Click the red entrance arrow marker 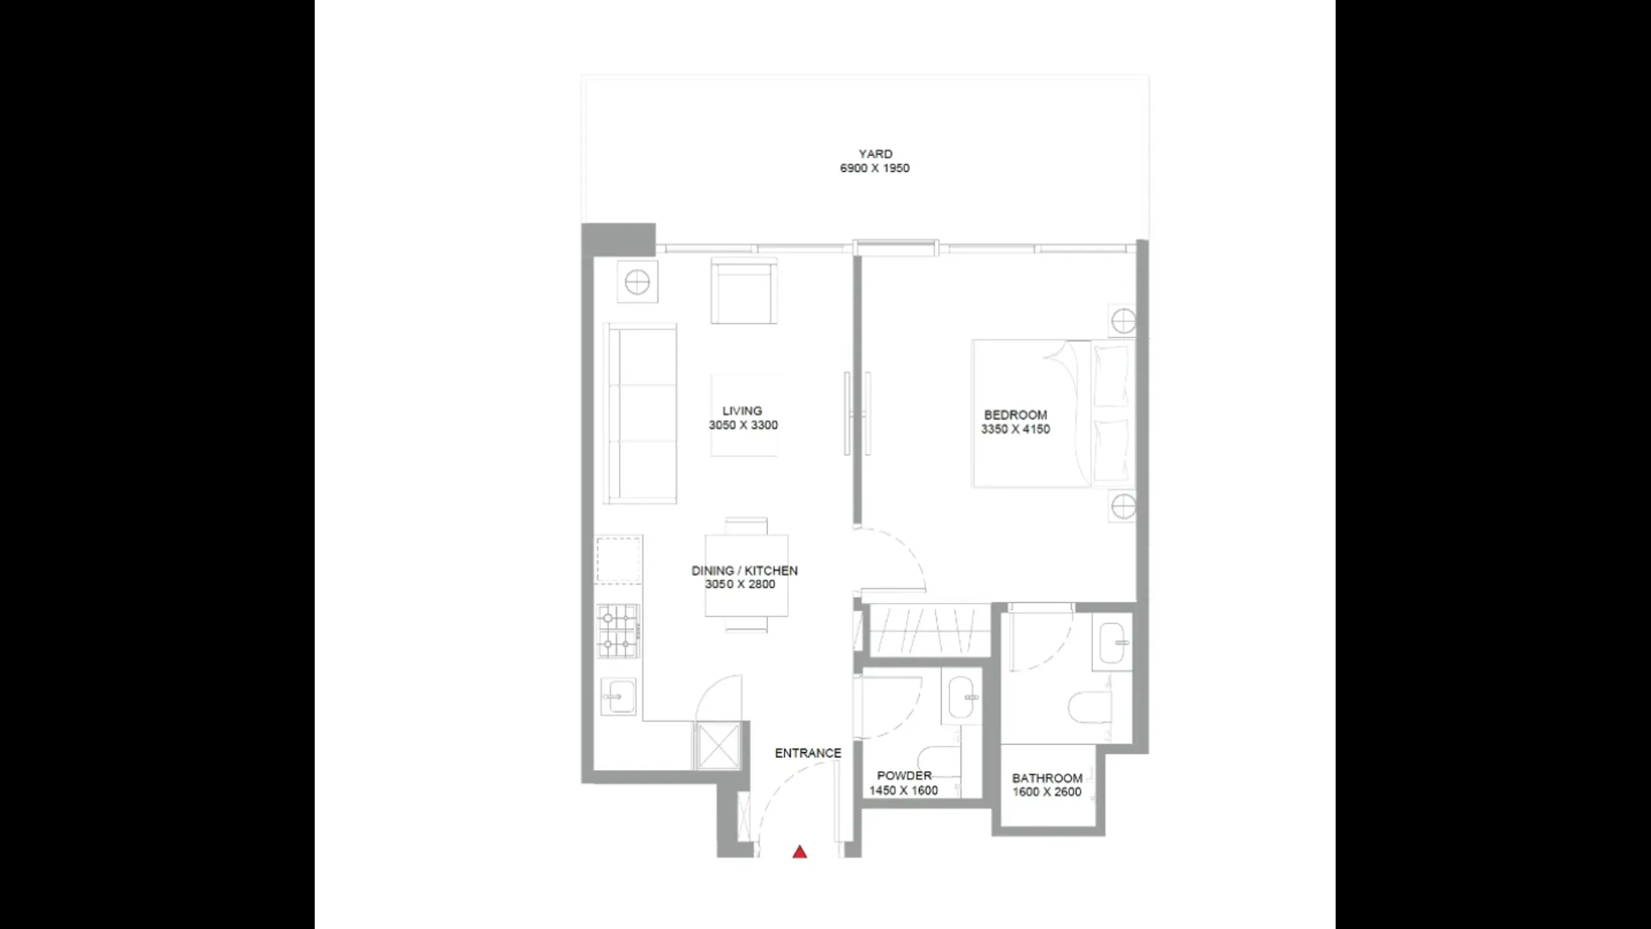tap(800, 852)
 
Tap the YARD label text tap(875, 154)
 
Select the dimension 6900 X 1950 tap(875, 168)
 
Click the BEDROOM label tap(1015, 415)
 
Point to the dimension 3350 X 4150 tap(1015, 429)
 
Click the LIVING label tap(742, 411)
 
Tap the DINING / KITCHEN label tap(744, 570)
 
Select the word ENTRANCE tap(808, 753)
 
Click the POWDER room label tap(904, 775)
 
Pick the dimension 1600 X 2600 tap(1047, 792)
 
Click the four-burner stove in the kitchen tap(618, 631)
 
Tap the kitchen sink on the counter tap(618, 697)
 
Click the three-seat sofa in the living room tap(640, 414)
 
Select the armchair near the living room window tap(744, 291)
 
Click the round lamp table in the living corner tap(637, 282)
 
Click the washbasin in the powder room tap(961, 697)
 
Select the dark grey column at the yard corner tap(618, 239)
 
